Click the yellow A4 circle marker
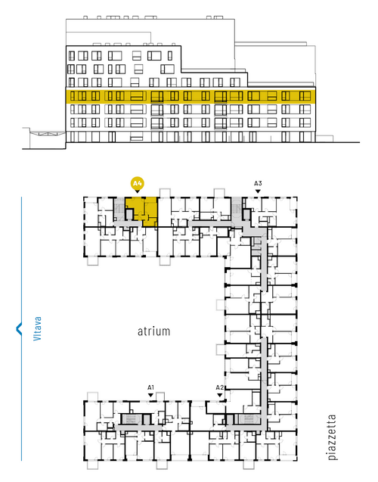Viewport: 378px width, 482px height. pos(137,184)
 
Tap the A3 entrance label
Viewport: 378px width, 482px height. pos(258,184)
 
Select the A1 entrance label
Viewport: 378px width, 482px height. pos(150,387)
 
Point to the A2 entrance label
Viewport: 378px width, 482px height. pos(220,387)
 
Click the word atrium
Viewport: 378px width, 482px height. pos(153,331)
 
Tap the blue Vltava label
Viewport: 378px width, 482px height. pos(37,328)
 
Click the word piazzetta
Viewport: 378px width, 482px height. pos(332,437)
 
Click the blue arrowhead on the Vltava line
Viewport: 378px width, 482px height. pos(19,328)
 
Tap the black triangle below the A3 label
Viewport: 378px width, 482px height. pos(258,191)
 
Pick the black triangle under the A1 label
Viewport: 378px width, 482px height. pos(150,395)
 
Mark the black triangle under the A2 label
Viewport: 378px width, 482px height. pos(220,395)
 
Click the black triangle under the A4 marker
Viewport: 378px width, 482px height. pos(138,191)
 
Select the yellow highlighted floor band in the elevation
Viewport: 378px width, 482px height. pos(191,96)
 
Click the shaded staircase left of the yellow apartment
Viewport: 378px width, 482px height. pos(119,209)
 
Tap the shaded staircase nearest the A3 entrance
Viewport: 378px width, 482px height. pos(237,208)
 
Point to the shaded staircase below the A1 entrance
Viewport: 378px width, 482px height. pos(131,418)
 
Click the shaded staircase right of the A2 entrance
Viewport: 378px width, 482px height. pos(247,418)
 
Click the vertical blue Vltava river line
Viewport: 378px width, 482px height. pos(21,328)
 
